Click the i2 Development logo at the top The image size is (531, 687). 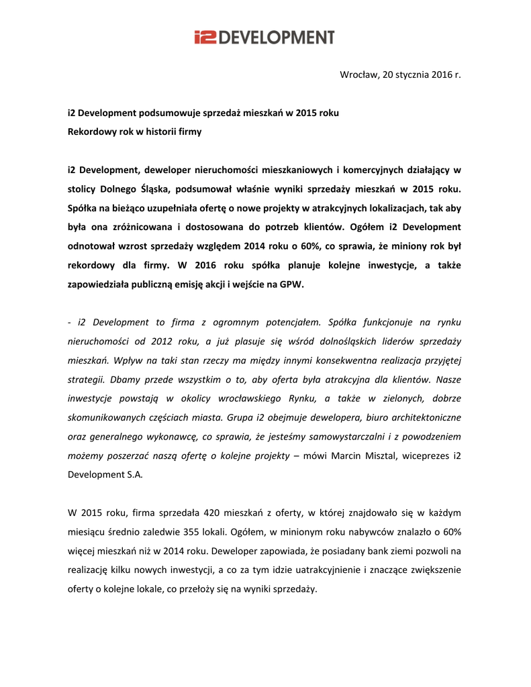[264, 37]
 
